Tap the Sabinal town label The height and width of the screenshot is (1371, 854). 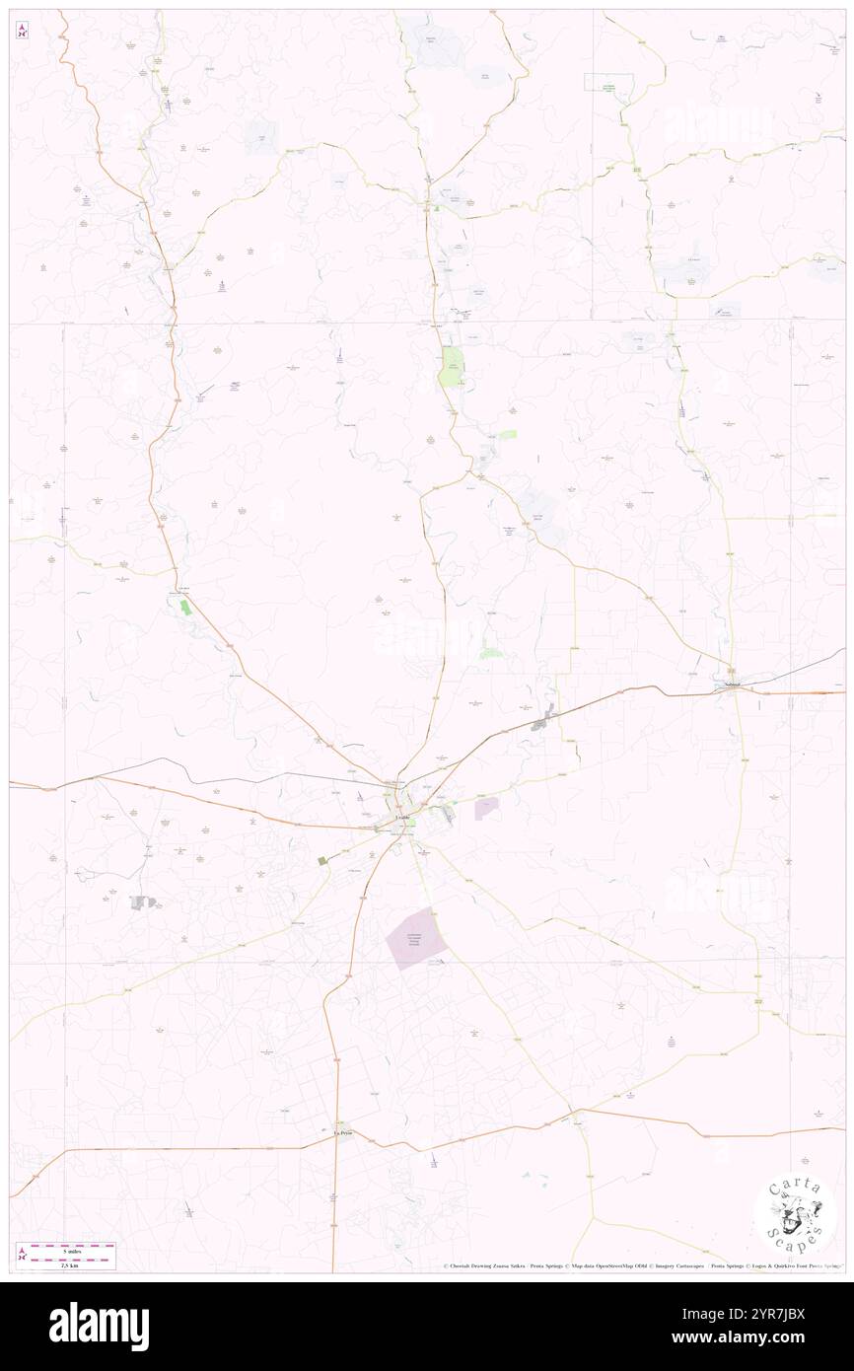pos(731,684)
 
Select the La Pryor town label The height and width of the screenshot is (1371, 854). pos(341,1133)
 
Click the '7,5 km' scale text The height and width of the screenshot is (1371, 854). pos(67,1263)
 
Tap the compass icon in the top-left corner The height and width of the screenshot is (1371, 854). pos(22,30)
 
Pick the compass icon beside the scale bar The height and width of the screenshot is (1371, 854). pos(24,1254)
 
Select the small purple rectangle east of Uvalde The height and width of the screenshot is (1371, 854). pos(486,808)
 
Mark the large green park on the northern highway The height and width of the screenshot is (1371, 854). pos(452,366)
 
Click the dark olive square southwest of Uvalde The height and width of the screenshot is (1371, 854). pos(321,861)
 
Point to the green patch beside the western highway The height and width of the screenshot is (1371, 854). pos(184,607)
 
